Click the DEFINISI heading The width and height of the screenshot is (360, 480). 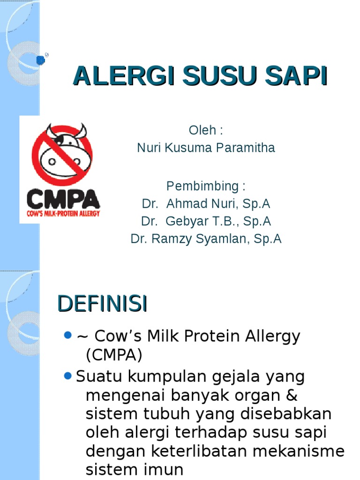(102, 304)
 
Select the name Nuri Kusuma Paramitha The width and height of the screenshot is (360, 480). (206, 148)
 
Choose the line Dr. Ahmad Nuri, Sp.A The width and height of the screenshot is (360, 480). (206, 204)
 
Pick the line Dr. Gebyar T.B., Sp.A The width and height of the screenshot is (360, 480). (206, 221)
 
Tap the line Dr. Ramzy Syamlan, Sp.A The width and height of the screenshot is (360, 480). (206, 239)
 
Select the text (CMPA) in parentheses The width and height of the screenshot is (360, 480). (113, 355)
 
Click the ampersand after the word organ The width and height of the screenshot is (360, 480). (292, 395)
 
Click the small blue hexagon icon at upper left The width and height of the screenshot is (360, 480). (41, 60)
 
